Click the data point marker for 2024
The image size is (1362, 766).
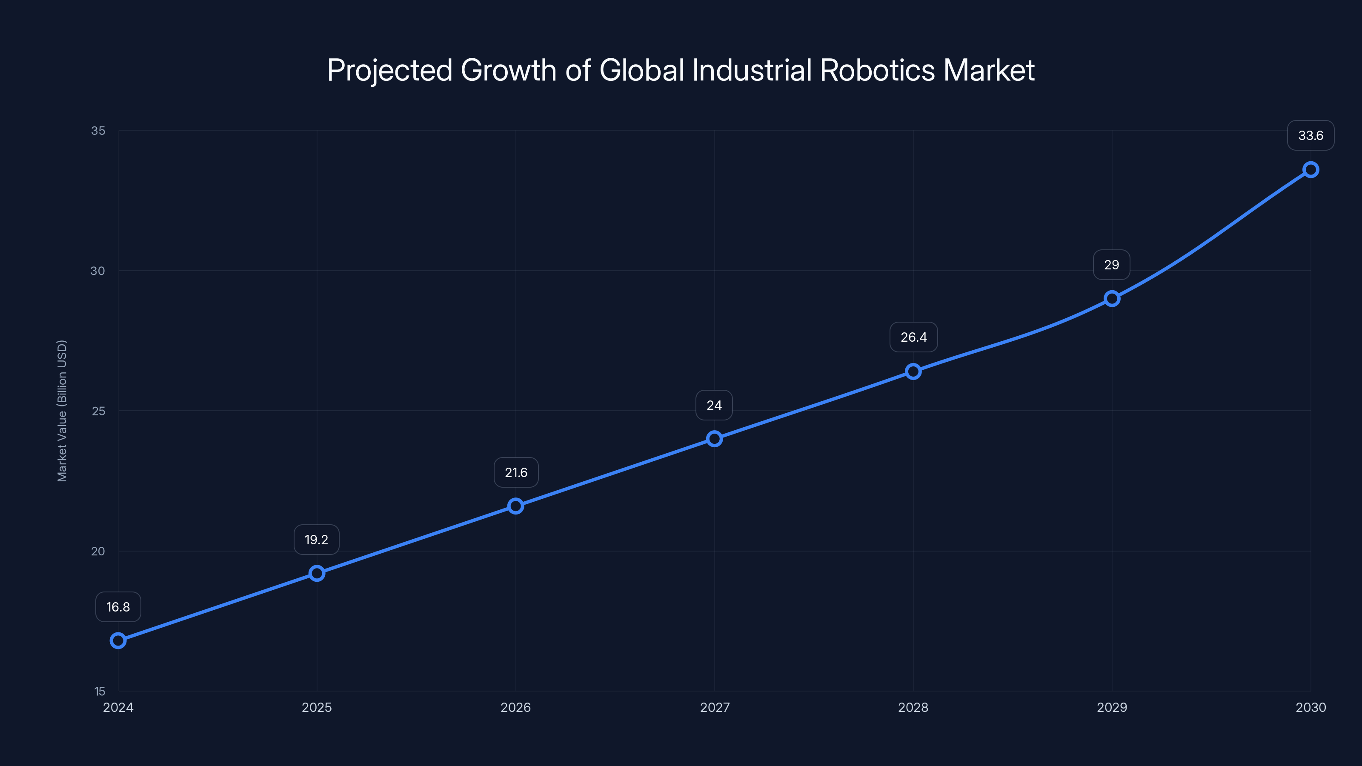point(118,641)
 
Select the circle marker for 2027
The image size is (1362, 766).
point(714,439)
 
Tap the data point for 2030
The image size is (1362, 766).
point(1311,170)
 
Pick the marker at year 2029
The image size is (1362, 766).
point(1112,299)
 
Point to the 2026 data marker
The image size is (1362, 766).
point(515,506)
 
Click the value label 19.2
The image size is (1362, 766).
point(316,540)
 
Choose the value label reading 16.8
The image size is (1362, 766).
point(118,607)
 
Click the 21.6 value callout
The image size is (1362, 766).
point(516,473)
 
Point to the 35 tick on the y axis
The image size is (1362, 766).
point(98,131)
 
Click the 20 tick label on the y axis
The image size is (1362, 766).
point(98,552)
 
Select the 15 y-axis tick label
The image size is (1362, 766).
point(100,692)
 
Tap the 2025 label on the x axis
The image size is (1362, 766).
point(317,707)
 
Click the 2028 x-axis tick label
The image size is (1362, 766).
point(913,707)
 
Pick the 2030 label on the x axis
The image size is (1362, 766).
point(1311,707)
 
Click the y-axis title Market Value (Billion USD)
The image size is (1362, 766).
point(62,411)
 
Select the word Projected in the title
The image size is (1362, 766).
point(390,71)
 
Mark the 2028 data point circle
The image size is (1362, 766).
point(913,371)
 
